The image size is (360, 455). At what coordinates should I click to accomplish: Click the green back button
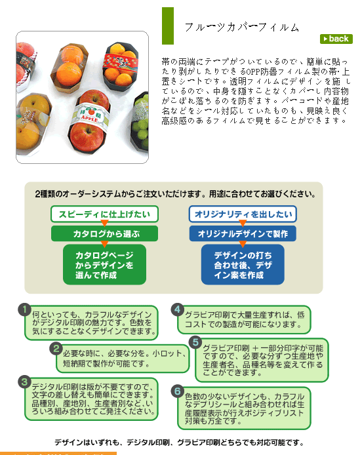[x=336, y=39]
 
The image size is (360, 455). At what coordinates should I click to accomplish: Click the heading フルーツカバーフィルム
[x=242, y=28]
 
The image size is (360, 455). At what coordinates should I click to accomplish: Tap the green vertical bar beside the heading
[x=168, y=26]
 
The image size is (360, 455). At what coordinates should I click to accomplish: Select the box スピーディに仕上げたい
[x=104, y=214]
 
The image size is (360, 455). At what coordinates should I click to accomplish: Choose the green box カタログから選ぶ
[x=104, y=233]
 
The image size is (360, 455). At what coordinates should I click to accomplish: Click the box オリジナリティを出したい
[x=243, y=214]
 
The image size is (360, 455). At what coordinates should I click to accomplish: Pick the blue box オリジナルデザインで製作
[x=243, y=233]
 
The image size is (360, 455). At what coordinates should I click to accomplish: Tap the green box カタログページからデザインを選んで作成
[x=104, y=264]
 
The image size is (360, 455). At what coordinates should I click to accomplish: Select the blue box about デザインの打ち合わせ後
[x=243, y=264]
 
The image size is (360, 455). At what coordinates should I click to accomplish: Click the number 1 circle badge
[x=25, y=309]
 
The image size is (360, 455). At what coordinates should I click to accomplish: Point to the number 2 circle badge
[x=56, y=349]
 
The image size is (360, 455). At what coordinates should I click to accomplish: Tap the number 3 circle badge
[x=25, y=382]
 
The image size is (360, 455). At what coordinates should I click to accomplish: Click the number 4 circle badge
[x=178, y=309]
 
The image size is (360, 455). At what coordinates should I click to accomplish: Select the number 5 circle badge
[x=195, y=342]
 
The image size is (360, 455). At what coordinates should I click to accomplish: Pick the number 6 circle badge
[x=178, y=391]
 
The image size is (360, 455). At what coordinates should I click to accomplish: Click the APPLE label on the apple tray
[x=90, y=117]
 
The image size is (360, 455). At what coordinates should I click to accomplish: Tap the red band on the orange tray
[x=120, y=61]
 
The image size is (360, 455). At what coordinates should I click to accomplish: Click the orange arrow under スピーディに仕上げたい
[x=104, y=223]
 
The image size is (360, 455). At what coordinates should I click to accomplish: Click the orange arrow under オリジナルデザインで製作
[x=243, y=244]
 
